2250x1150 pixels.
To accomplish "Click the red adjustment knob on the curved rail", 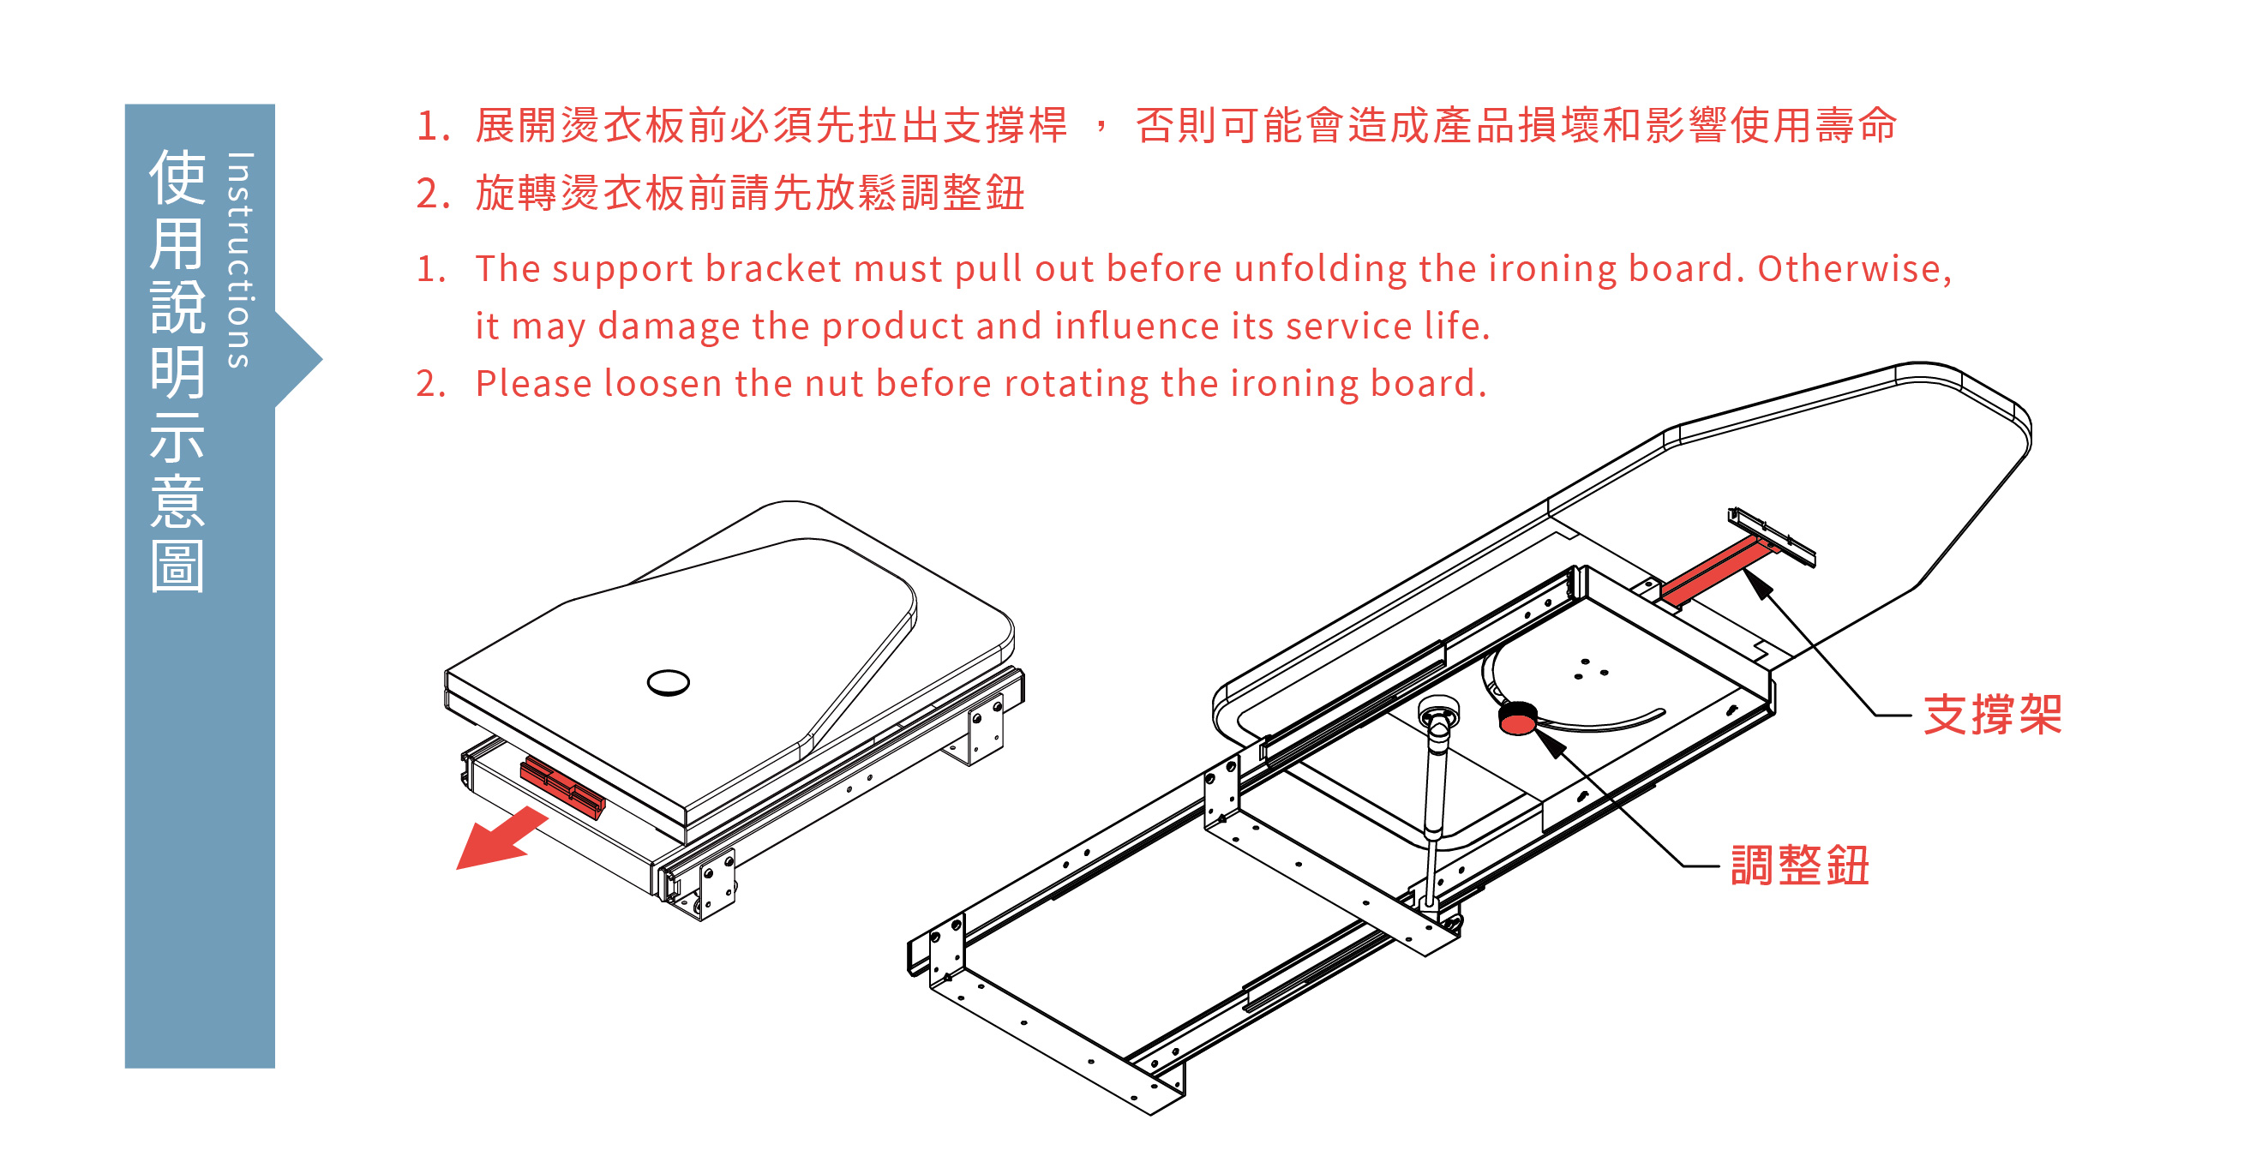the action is click(x=1518, y=719).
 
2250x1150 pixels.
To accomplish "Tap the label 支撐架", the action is click(x=1992, y=716).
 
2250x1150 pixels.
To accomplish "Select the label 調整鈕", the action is click(x=1799, y=866).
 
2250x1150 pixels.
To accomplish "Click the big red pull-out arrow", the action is click(x=501, y=839).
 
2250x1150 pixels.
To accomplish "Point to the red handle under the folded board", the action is click(x=562, y=788).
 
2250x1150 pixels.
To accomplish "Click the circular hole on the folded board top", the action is click(x=669, y=682).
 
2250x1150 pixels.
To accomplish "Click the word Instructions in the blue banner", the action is click(x=238, y=261).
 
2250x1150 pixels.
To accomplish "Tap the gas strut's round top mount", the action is click(x=1438, y=709).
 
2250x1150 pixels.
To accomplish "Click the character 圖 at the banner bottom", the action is click(x=177, y=566).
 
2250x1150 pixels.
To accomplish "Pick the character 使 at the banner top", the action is click(x=177, y=177).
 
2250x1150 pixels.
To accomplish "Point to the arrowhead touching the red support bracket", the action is click(x=1759, y=585).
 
